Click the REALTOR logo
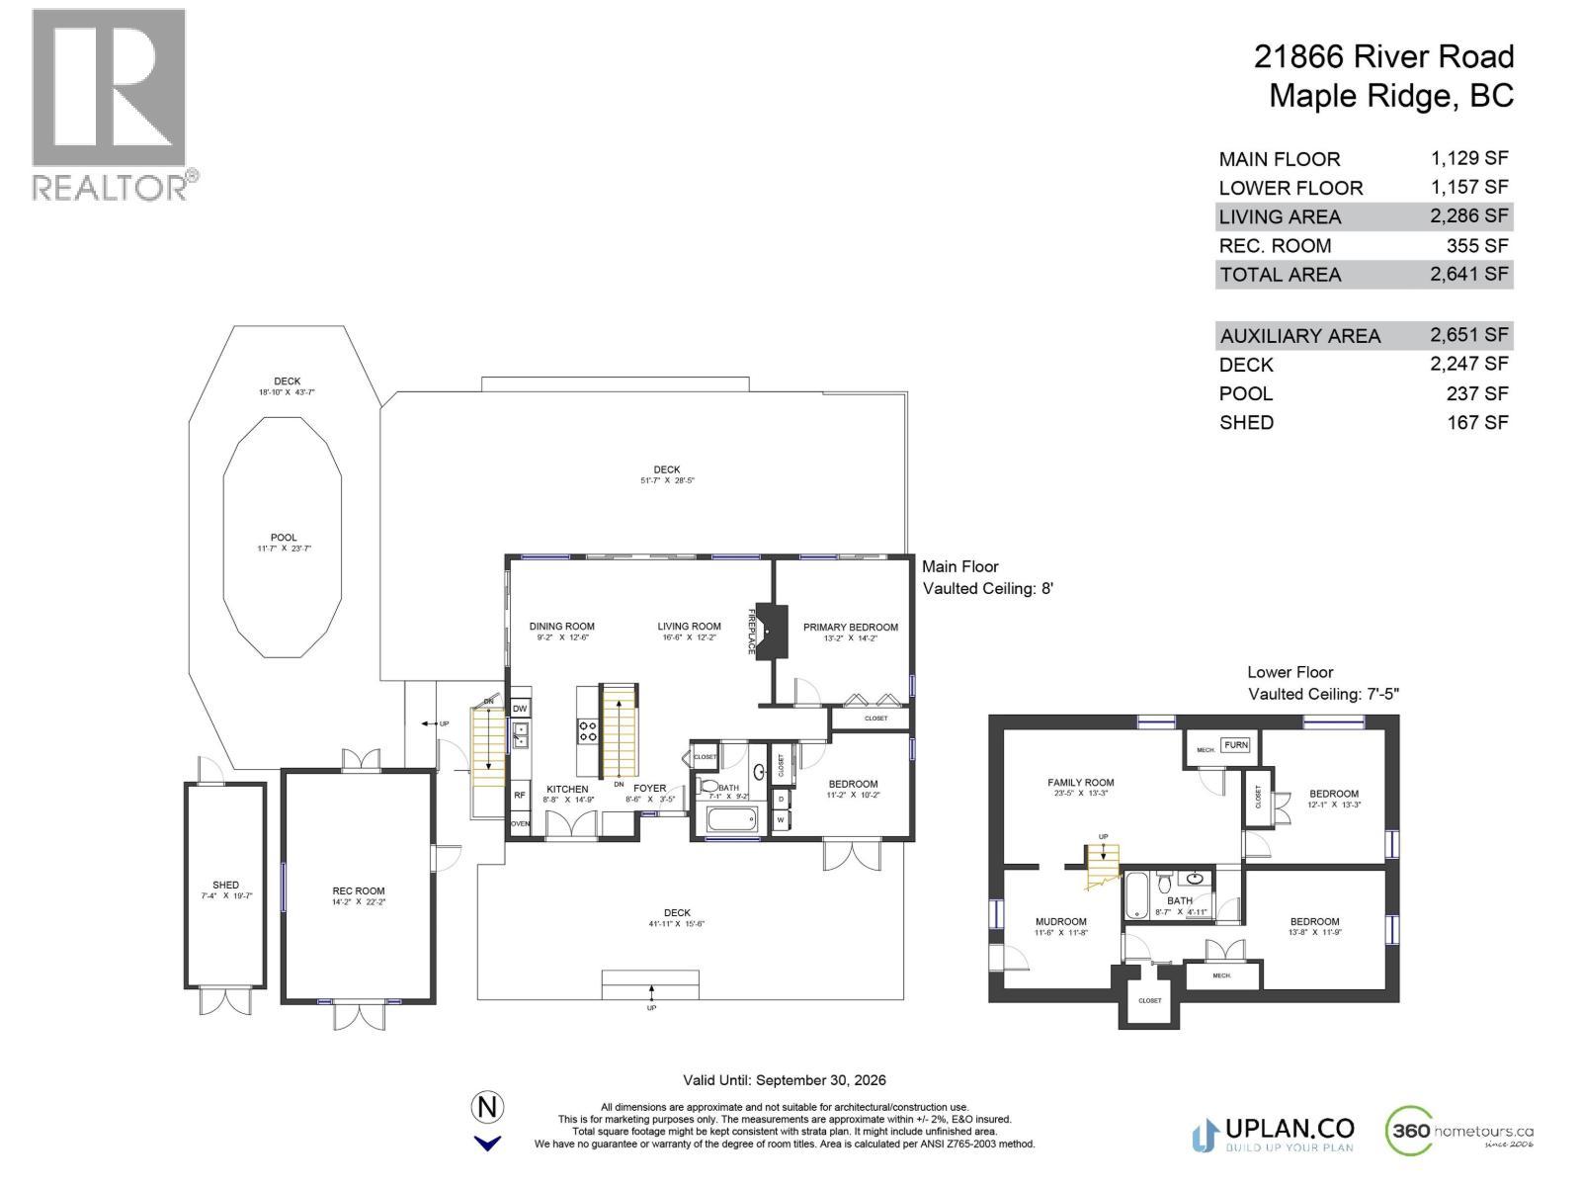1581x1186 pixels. click(x=110, y=104)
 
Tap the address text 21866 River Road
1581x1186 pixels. click(x=1383, y=56)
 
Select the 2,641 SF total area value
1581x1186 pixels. click(x=1468, y=274)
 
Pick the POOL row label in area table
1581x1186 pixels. click(x=1245, y=393)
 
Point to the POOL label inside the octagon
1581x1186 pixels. click(x=284, y=538)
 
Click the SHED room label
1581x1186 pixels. click(x=225, y=886)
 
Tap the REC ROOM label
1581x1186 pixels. click(x=359, y=890)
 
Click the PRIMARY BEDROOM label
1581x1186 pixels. click(x=850, y=627)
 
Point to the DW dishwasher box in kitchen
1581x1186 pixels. click(x=520, y=709)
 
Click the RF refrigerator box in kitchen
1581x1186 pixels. click(x=519, y=794)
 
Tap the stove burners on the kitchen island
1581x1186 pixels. click(x=588, y=730)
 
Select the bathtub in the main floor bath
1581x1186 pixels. click(x=731, y=819)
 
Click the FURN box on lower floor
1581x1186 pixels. click(x=1235, y=745)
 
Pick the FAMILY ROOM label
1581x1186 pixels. click(x=1080, y=782)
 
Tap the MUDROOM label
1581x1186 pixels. click(x=1060, y=921)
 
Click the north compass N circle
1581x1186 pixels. click(x=487, y=1107)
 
